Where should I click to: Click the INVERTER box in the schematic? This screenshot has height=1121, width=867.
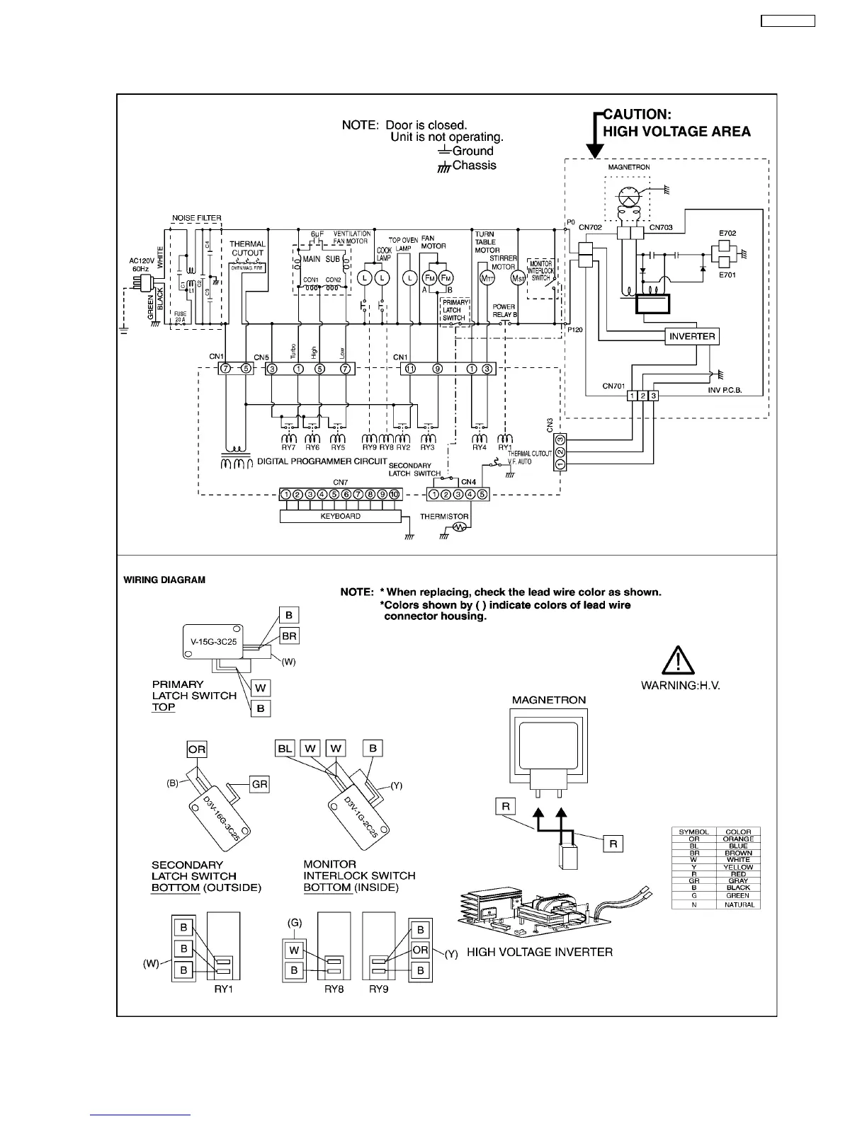[693, 336]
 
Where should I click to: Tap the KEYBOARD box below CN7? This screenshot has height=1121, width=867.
[341, 517]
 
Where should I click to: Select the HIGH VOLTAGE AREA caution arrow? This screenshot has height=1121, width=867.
[596, 135]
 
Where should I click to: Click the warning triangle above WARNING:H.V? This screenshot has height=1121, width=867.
[679, 661]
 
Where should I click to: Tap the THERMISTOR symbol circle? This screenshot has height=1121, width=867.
[458, 527]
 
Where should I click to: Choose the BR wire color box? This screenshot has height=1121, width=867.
[289, 636]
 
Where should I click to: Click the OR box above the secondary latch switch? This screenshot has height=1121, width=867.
[197, 749]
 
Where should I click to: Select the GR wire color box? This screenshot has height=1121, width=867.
[260, 783]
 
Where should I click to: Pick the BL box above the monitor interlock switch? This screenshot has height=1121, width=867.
[285, 748]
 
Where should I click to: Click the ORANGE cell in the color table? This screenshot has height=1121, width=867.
[738, 839]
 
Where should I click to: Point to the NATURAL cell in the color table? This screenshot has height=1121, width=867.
[738, 904]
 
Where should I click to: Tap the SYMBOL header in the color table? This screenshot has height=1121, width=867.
[693, 832]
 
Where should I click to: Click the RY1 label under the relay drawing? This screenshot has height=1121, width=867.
[224, 989]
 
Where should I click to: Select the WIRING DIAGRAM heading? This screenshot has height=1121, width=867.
[164, 580]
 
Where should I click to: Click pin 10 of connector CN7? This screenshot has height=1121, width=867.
[395, 494]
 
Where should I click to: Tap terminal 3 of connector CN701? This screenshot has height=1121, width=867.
[654, 396]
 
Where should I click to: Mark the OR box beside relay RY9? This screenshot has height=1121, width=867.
[420, 950]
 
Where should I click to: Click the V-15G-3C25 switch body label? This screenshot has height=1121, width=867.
[213, 642]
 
